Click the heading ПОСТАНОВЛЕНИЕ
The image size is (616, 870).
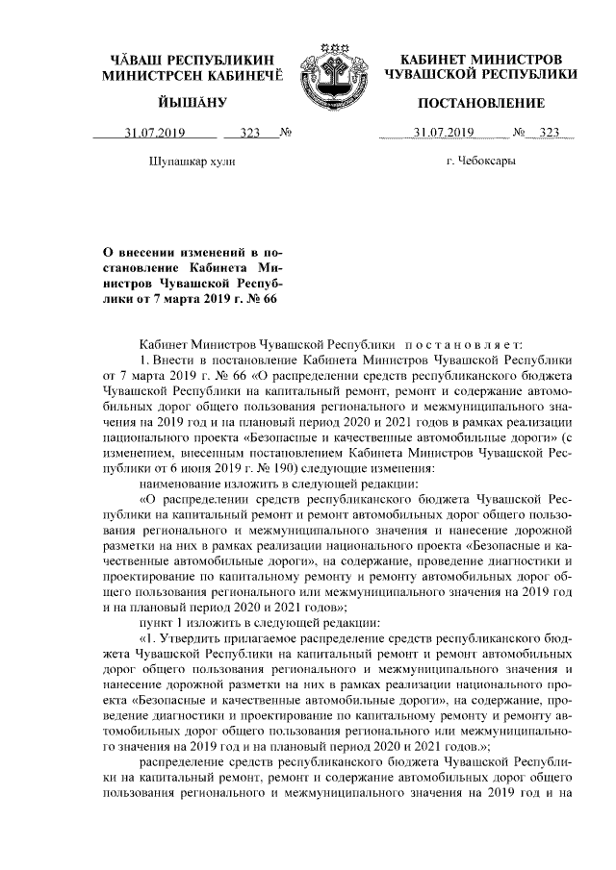pyautogui.click(x=480, y=103)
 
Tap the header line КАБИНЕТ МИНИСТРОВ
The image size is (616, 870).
pyautogui.click(x=480, y=60)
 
